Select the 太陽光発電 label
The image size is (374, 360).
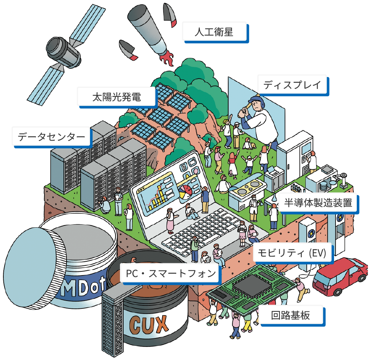tap(117, 97)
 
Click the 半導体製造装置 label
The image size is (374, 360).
tap(318, 203)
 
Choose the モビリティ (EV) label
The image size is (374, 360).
tap(293, 253)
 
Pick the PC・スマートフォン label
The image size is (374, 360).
tap(171, 274)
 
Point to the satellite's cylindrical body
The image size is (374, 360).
tap(64, 52)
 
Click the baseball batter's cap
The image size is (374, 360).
tap(256, 100)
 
